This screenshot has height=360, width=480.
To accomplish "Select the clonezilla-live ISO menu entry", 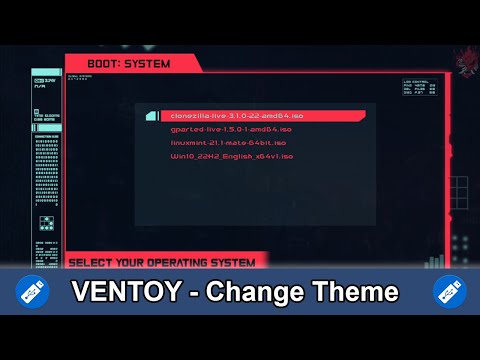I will pos(231,116).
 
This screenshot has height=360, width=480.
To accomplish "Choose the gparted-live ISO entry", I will pos(231,129).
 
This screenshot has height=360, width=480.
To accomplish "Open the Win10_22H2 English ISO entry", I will pos(232,156).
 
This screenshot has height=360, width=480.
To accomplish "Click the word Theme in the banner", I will pos(356,293).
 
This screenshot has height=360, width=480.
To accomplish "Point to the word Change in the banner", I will pos(262,293).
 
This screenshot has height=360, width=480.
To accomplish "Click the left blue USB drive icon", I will pos(30,292).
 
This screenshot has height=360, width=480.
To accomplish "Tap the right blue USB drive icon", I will pos(449,292).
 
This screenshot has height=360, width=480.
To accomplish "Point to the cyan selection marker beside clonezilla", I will pos(151,116).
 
